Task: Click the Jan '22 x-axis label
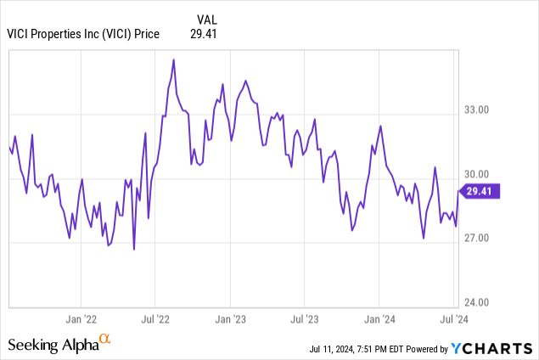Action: (x=81, y=319)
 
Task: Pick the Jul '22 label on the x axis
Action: (x=154, y=319)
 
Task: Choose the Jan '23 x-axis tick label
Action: (x=229, y=319)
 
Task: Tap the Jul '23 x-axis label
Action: (x=303, y=319)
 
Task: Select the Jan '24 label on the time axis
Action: (x=378, y=319)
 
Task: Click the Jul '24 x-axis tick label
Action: (x=451, y=319)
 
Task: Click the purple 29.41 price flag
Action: (x=482, y=192)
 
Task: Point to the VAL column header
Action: (x=205, y=18)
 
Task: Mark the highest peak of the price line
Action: (x=174, y=60)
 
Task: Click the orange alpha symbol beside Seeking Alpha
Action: (x=105, y=340)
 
